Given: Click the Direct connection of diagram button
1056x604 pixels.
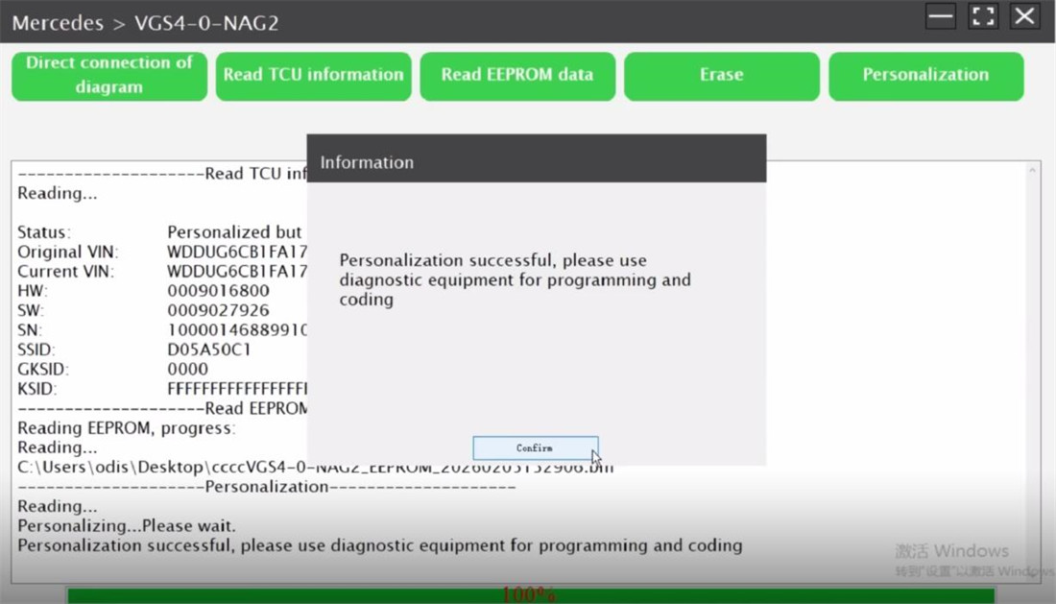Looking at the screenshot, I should [109, 76].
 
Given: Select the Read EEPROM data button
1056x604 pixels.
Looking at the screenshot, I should [517, 76].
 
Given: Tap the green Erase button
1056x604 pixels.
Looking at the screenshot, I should [722, 76].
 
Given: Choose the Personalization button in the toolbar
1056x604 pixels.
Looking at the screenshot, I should [925, 76].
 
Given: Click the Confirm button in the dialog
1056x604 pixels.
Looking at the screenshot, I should [535, 448].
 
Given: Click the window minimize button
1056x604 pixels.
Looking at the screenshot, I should [941, 16].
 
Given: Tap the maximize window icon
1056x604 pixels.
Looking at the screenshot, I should [983, 16].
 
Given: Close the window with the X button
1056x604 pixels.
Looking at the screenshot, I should [1024, 16].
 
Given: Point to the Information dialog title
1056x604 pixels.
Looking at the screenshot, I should [367, 162].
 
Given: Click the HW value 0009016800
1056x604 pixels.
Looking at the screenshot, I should [218, 291].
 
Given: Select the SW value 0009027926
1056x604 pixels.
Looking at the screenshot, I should [218, 310].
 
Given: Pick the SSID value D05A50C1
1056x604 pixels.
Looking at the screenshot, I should [208, 350].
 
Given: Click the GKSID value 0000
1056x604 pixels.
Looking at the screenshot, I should [187, 369].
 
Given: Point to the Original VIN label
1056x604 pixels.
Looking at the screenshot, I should [68, 252].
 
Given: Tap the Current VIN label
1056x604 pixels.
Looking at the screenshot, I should [65, 272].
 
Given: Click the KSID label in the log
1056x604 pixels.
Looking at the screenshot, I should [36, 389].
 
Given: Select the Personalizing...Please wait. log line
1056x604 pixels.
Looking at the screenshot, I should [127, 526].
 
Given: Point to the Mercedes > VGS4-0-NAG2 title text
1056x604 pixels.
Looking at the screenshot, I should [145, 22].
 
